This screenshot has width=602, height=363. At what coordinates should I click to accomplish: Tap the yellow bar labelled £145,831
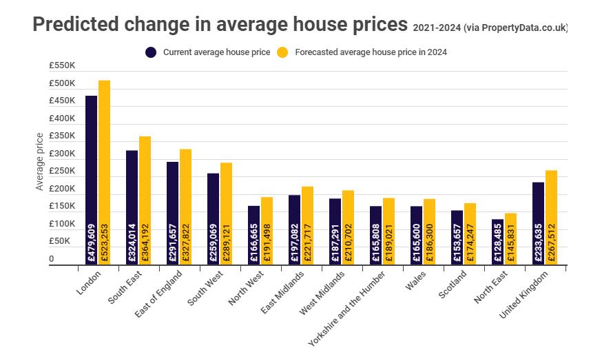[x=510, y=239]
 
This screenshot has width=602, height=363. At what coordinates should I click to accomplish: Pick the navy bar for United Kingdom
[x=538, y=223]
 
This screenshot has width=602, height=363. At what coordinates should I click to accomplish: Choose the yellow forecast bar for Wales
[x=429, y=231]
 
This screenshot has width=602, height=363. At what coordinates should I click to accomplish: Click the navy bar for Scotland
[x=457, y=238]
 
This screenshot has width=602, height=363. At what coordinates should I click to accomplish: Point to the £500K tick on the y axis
[x=62, y=83]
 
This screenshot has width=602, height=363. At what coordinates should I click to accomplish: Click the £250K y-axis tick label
[x=62, y=172]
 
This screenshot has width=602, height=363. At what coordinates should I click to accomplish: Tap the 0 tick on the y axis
[x=52, y=260]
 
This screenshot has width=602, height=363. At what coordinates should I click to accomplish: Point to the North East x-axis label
[x=490, y=288]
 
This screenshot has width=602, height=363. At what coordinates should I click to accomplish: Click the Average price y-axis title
[x=40, y=162]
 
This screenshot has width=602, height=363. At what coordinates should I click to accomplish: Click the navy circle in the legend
[x=151, y=52]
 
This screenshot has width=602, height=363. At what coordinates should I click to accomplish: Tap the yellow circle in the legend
[x=282, y=52]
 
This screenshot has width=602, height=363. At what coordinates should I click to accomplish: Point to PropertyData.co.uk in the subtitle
[x=523, y=28]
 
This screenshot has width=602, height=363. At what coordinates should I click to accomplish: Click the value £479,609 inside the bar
[x=91, y=242]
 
